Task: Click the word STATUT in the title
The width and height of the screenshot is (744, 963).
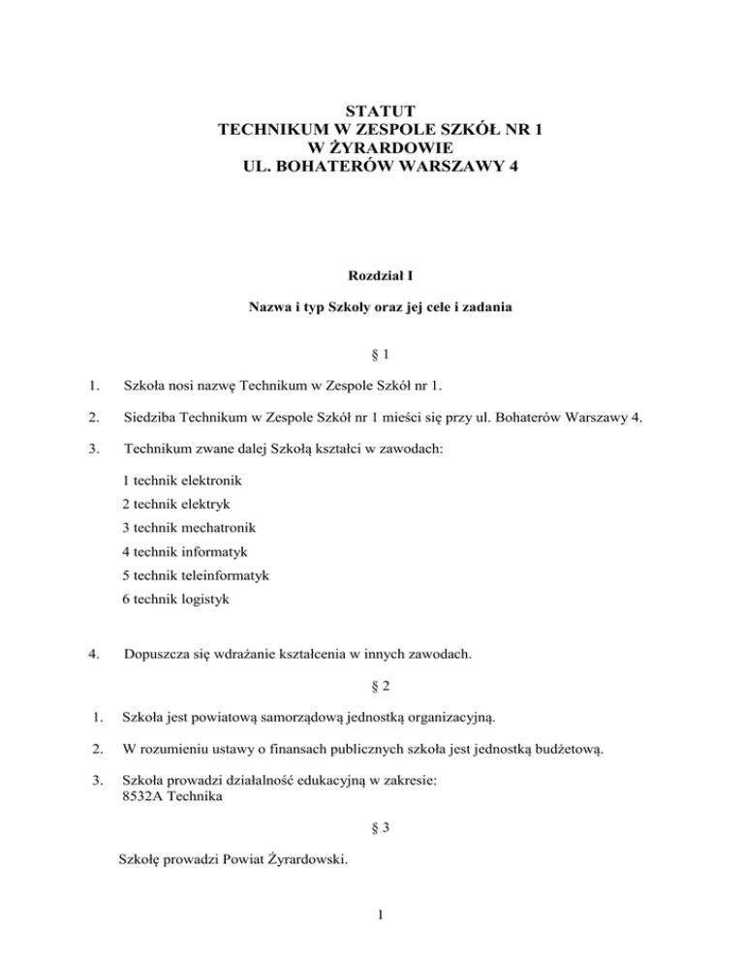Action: click(373, 109)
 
